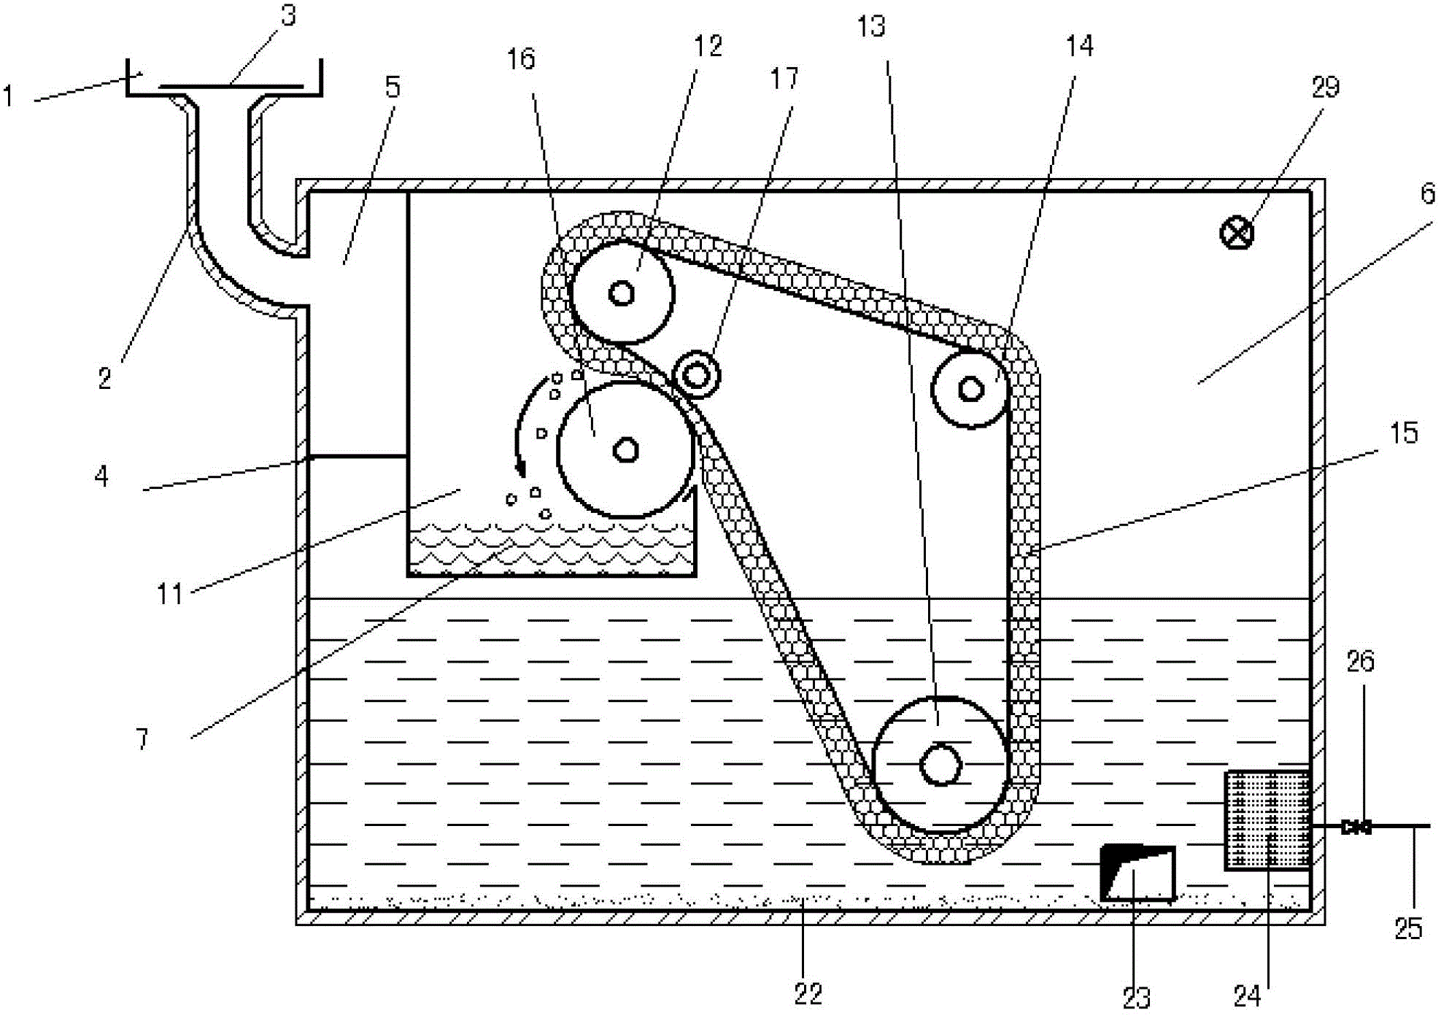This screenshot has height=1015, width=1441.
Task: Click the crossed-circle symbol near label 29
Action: pos(1237,234)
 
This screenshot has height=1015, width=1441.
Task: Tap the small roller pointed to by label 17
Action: pos(697,375)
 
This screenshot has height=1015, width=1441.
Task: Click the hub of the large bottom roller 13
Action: pos(940,765)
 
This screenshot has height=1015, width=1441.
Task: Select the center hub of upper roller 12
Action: pos(622,293)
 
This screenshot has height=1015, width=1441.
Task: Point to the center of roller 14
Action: pos(970,389)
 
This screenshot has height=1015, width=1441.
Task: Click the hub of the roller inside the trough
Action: pos(625,449)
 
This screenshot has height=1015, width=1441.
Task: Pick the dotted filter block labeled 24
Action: pos(1267,820)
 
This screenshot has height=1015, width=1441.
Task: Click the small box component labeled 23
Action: pos(1137,872)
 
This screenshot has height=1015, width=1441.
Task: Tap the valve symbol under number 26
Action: pos(1356,827)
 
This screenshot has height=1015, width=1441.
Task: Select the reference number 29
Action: pos(1326,88)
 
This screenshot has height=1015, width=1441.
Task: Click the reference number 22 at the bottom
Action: pos(808,993)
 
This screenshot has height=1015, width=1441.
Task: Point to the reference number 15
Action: pos(1403,433)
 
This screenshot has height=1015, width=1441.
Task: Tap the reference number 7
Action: pos(142,739)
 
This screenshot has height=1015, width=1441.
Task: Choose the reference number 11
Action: pos(169,594)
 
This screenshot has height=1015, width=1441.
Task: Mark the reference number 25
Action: pos(1408,929)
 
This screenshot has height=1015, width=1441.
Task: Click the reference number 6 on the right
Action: pos(1428,193)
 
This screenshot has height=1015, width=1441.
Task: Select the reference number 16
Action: pos(521,59)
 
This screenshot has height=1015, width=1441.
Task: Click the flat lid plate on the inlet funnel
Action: pos(230,86)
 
